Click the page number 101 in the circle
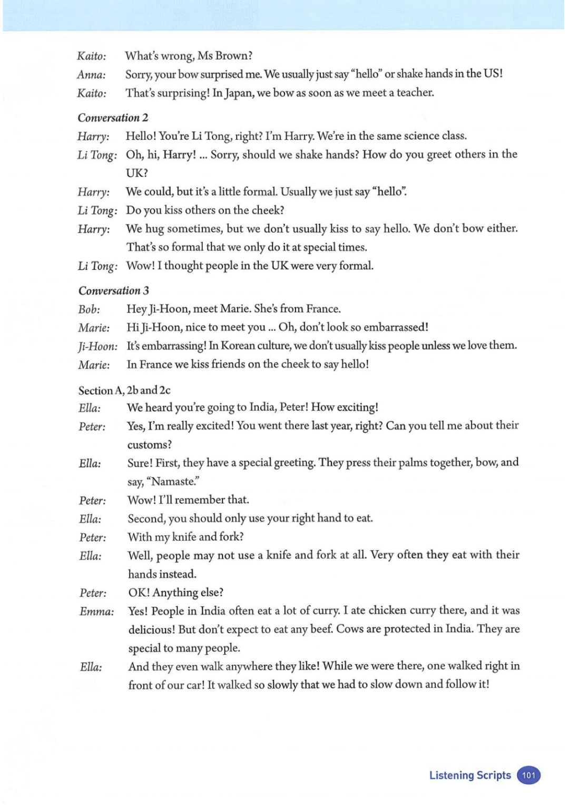528,775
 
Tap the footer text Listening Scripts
470,775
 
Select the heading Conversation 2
113,118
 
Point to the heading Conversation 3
113,290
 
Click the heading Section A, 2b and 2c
124,390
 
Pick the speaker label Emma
96,612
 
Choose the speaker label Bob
89,309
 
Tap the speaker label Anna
91,75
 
